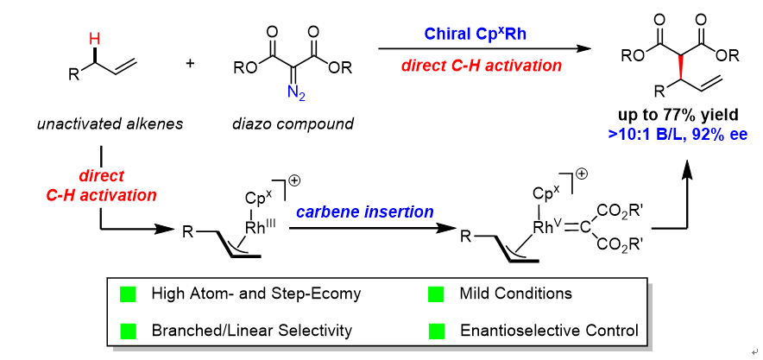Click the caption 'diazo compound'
click(x=293, y=123)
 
